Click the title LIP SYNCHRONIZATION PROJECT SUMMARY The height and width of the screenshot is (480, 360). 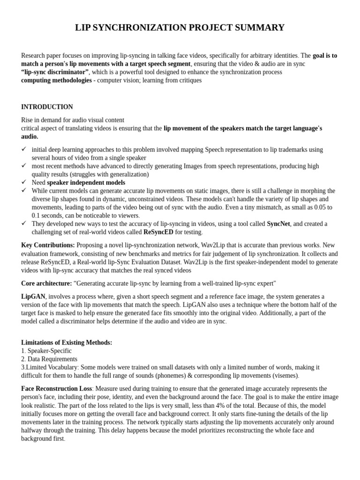point(180,28)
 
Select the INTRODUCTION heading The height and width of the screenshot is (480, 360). point(47,107)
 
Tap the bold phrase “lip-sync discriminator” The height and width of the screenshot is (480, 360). point(55,72)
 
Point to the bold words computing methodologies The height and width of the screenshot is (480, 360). point(56,80)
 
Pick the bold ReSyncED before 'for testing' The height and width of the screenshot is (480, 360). point(158,232)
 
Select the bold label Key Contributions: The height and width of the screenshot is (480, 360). point(48,245)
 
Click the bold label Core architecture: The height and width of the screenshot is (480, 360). point(46,283)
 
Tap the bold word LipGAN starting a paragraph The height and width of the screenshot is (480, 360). point(33,297)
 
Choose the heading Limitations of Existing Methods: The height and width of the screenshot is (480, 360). point(67,343)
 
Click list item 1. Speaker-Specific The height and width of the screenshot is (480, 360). point(46,351)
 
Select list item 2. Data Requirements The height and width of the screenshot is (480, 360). point(49,359)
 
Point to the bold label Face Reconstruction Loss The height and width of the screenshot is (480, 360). point(56,389)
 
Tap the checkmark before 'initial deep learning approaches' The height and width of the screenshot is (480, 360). point(24,149)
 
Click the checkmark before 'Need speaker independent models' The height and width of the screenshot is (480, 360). point(24,182)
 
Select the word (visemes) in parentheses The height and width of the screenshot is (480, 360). point(284,375)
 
